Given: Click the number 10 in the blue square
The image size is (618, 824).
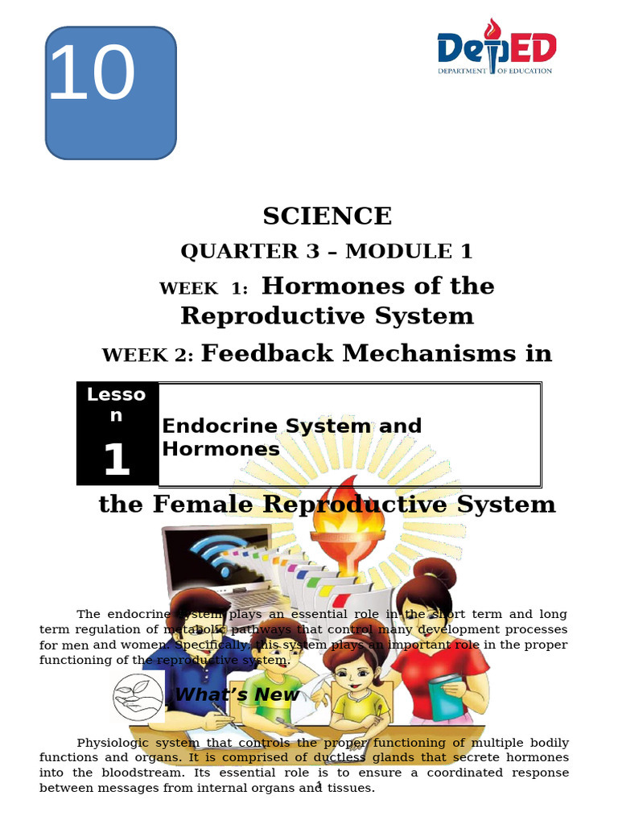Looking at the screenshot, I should pos(92,75).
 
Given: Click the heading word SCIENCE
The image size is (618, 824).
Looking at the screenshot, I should pos(327,216).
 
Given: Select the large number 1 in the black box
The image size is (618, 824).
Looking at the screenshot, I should pos(116,459).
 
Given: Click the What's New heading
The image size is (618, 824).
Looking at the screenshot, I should pos(237,694).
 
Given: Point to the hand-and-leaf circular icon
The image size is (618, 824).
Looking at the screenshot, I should pos(138,697).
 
